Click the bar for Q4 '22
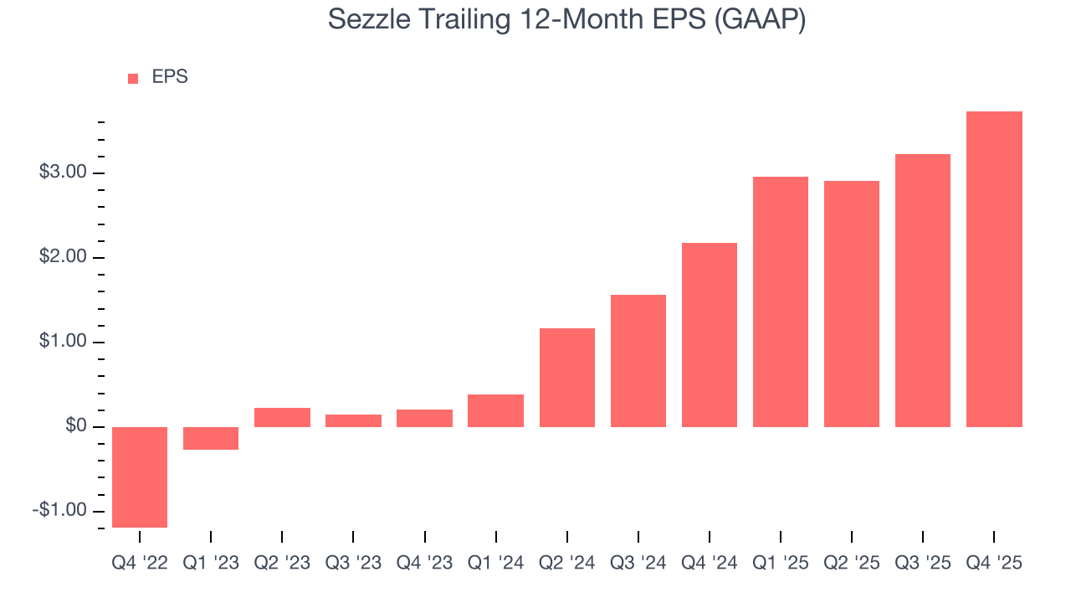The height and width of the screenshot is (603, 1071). point(140,477)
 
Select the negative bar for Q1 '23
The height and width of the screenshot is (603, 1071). point(211,438)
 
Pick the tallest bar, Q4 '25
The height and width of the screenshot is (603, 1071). point(994,269)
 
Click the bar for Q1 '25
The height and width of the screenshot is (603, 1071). point(781,301)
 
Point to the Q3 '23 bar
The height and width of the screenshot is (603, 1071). point(353,420)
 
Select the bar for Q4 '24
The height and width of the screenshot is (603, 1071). point(710,334)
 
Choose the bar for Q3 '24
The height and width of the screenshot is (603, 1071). point(638,360)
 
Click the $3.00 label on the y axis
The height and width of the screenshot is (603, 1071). point(63,173)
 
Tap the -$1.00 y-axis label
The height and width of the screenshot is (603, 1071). point(60,510)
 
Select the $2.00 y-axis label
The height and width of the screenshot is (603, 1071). point(63,257)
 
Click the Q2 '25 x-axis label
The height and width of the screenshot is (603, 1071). point(852,564)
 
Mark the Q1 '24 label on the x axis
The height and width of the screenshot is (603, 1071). point(495,564)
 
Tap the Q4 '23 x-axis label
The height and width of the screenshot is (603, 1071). point(424,564)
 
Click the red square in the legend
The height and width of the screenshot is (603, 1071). point(133,78)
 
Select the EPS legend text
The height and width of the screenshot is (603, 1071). point(170,77)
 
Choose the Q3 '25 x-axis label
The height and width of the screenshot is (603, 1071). point(923,564)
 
